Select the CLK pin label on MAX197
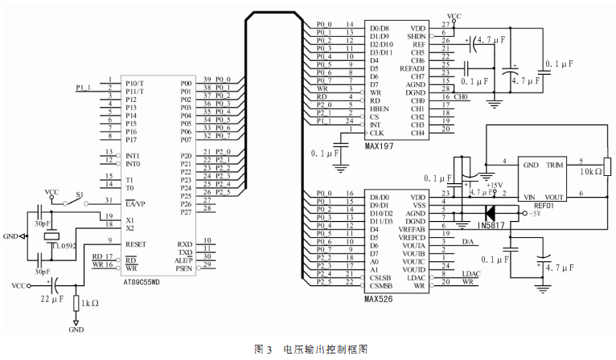point(376,133)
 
